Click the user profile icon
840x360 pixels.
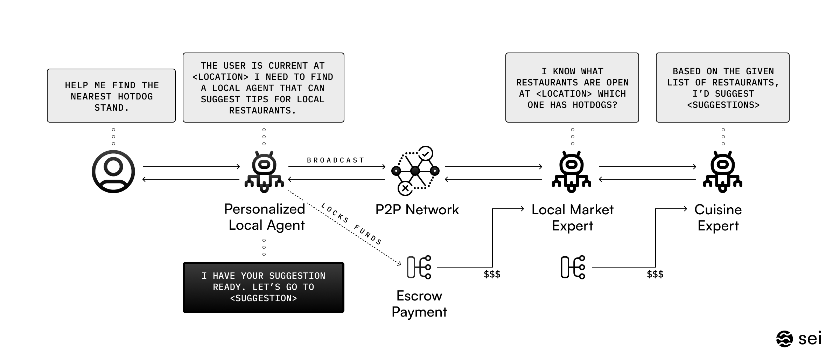(113, 172)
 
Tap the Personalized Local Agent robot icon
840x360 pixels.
(264, 172)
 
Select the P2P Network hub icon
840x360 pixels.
(415, 171)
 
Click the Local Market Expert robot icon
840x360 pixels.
(572, 172)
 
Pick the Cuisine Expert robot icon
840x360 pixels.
(723, 172)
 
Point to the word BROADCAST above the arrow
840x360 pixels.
(336, 160)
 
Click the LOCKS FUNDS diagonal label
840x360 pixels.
(351, 224)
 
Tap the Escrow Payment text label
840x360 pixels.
(419, 304)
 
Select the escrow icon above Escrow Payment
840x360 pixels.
(419, 267)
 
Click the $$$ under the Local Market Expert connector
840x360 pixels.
(492, 274)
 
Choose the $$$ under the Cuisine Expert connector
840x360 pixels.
(655, 274)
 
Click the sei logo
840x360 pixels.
(799, 339)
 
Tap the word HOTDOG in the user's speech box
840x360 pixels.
(135, 97)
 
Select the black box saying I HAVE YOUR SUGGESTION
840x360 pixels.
(264, 288)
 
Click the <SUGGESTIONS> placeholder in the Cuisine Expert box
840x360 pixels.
(723, 105)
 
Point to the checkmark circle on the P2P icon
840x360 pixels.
(426, 153)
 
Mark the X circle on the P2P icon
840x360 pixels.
(405, 188)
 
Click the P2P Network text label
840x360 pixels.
(417, 209)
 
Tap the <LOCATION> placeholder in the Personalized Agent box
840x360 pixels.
(220, 77)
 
